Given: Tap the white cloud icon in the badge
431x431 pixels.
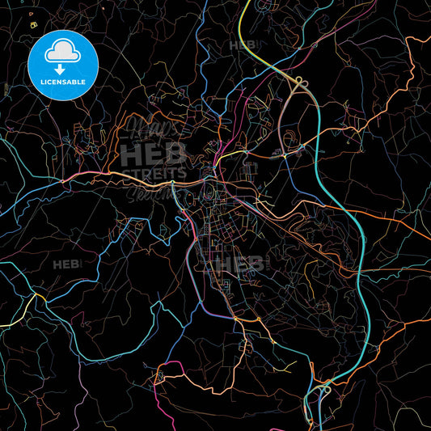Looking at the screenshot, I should pos(63,50).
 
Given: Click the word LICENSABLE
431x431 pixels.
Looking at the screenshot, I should pos(63,82).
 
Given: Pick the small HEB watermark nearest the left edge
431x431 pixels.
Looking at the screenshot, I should pos(65,264).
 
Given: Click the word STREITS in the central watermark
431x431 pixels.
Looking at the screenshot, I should pos(154,173).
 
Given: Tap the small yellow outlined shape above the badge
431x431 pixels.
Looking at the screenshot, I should pos(33,25).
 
